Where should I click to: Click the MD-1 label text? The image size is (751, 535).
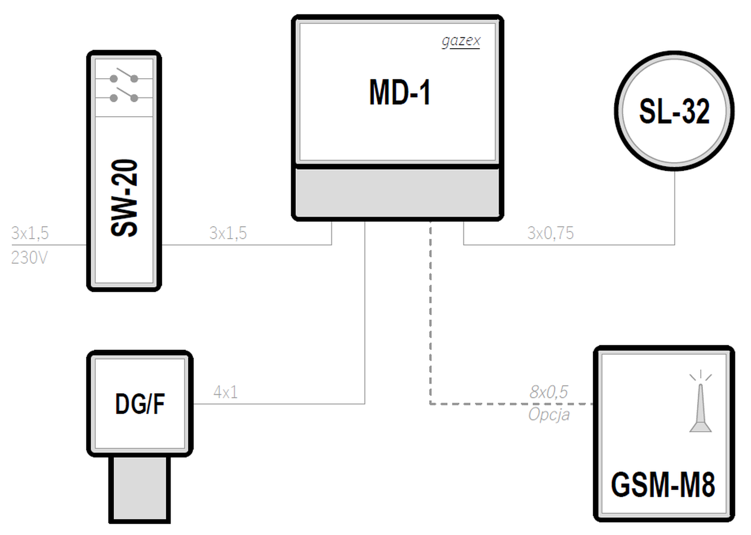pos(400,93)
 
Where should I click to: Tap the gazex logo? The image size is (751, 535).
pos(461,41)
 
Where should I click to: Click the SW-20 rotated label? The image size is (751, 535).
pos(124,198)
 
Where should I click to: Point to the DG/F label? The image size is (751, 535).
pos(140,404)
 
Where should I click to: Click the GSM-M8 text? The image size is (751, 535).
pos(663,485)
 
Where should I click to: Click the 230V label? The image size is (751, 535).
pos(29,258)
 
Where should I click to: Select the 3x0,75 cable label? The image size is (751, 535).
pos(551,233)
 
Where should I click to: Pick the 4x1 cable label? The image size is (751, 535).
pos(226,392)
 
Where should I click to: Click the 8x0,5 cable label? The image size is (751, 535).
pos(549,392)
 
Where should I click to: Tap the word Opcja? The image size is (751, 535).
pos(549,415)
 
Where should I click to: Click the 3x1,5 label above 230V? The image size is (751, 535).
pos(30,233)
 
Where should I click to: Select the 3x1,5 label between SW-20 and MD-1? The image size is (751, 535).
pos(228,233)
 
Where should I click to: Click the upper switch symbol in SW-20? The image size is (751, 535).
pos(124,75)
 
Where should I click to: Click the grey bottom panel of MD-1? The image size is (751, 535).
pos(397,192)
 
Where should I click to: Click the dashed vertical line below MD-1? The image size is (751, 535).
pos(430,312)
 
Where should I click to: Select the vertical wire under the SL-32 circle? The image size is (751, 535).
pos(675,208)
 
